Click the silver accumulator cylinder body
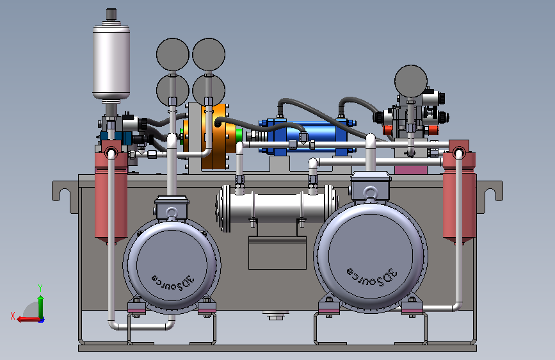111,62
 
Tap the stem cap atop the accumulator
111,14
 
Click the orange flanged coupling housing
214,136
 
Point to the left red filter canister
111,193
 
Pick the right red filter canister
459,193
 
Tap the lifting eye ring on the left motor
172,213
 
